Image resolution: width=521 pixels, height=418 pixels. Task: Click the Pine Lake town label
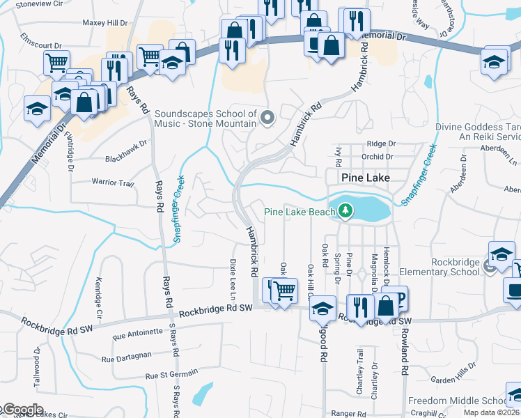pyautogui.click(x=365, y=178)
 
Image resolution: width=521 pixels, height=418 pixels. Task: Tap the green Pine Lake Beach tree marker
pyautogui.click(x=345, y=210)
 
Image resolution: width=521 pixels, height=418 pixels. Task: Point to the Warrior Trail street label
pyautogui.click(x=112, y=183)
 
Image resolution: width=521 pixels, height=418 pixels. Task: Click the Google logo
pyautogui.click(x=22, y=410)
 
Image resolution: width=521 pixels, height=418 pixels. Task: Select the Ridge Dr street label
pyautogui.click(x=382, y=144)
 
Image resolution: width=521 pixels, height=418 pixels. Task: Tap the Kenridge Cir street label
pyautogui.click(x=98, y=298)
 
